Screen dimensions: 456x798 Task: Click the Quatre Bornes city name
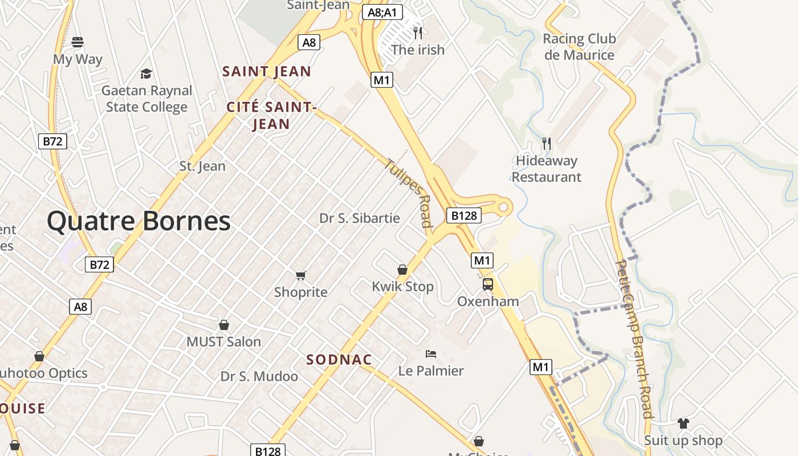click(x=139, y=221)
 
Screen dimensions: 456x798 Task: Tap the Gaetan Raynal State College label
click(x=147, y=99)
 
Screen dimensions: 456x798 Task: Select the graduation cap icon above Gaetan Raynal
click(x=146, y=74)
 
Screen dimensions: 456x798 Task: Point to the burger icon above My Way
click(x=78, y=42)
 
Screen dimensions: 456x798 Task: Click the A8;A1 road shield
click(x=382, y=12)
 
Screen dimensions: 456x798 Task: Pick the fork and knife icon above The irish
click(x=418, y=32)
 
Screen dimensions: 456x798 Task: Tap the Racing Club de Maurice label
click(x=579, y=47)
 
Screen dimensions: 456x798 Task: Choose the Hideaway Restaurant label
click(x=547, y=169)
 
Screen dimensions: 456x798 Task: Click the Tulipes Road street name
click(x=409, y=192)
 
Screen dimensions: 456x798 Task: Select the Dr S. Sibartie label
click(x=360, y=218)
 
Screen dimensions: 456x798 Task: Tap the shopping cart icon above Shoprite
click(x=301, y=276)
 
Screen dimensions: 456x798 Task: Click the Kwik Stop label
click(x=403, y=287)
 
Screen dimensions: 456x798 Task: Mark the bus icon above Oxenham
click(x=488, y=284)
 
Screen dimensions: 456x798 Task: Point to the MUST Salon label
click(x=224, y=342)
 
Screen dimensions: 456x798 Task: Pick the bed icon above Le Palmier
click(x=431, y=354)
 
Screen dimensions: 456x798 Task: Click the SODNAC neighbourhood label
click(x=339, y=360)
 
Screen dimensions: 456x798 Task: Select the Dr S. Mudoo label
click(x=259, y=377)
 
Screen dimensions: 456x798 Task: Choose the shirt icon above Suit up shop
click(x=683, y=424)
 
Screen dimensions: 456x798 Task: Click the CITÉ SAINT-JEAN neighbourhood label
click(x=271, y=115)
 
